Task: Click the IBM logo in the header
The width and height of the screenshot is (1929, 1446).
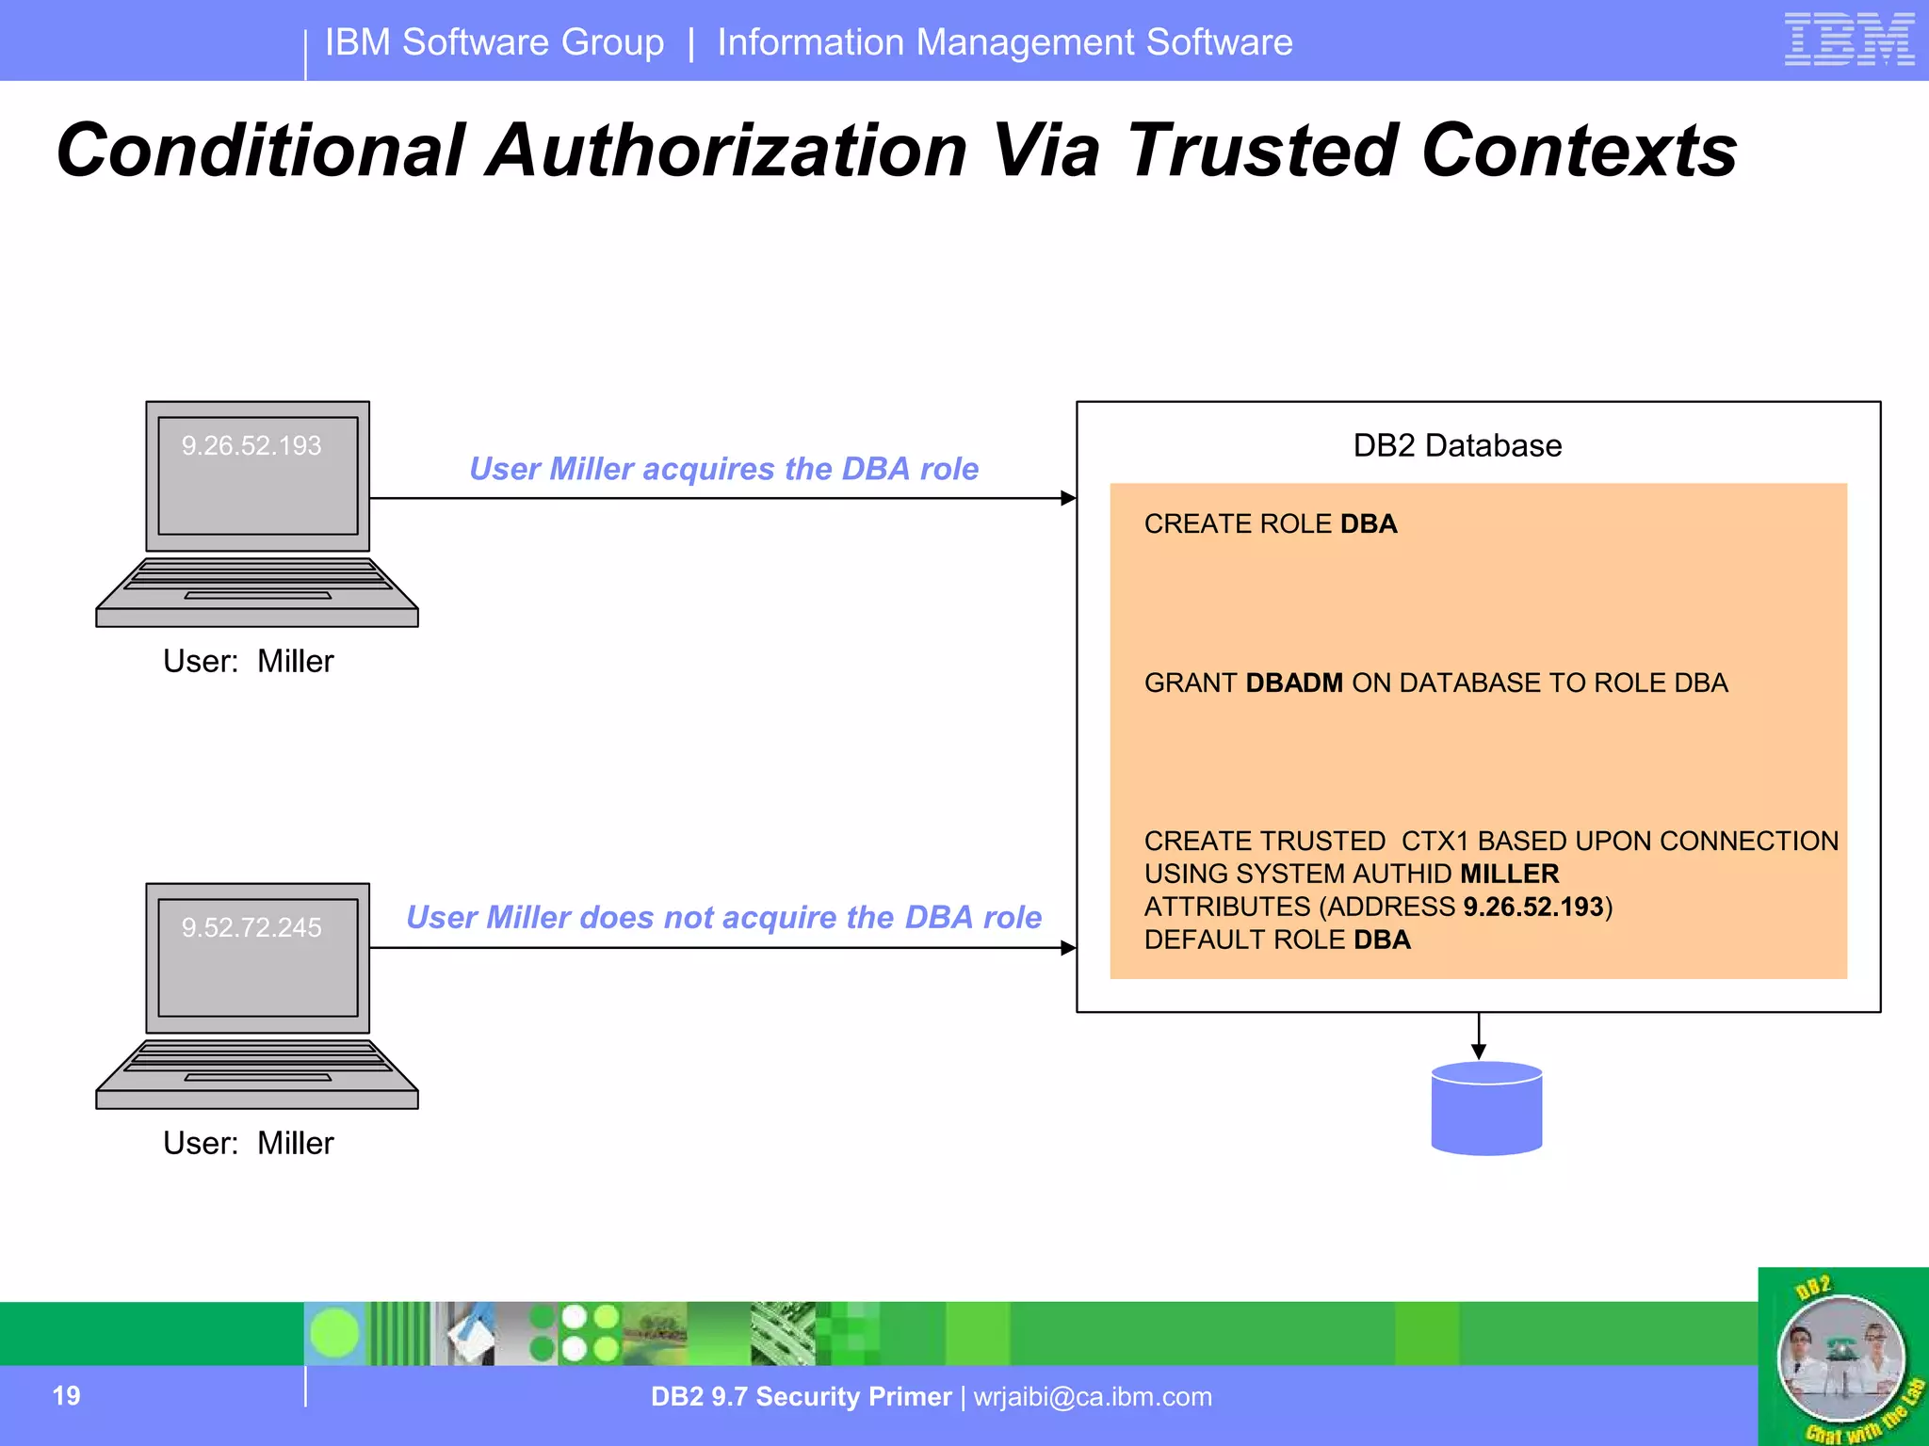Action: click(x=1849, y=40)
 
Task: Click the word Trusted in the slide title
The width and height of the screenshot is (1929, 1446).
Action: click(x=1262, y=151)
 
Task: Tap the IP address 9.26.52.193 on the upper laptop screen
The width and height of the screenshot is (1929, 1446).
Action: click(x=251, y=445)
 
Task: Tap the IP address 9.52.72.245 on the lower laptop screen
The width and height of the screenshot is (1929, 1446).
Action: click(x=251, y=927)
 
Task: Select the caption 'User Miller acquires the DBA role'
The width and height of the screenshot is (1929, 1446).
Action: click(x=723, y=469)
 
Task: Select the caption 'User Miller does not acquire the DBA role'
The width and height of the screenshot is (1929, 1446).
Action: click(x=723, y=917)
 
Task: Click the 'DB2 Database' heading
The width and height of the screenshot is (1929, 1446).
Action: click(x=1457, y=445)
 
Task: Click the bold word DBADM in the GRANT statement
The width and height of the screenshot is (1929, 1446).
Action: click(x=1294, y=683)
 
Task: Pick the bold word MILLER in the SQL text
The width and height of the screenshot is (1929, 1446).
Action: click(x=1509, y=874)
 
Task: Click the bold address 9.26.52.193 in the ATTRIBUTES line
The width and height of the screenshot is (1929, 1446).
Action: click(x=1532, y=907)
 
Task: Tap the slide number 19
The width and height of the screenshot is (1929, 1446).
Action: click(x=66, y=1396)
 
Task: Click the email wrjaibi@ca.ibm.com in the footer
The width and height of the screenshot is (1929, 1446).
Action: click(x=1093, y=1397)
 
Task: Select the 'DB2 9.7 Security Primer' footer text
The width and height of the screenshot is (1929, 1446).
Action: click(x=801, y=1397)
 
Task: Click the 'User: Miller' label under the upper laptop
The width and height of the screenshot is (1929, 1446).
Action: click(x=248, y=662)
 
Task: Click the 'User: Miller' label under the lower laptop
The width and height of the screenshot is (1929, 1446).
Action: click(x=248, y=1144)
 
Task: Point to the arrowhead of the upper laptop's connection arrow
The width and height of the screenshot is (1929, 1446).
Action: click(x=1068, y=498)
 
